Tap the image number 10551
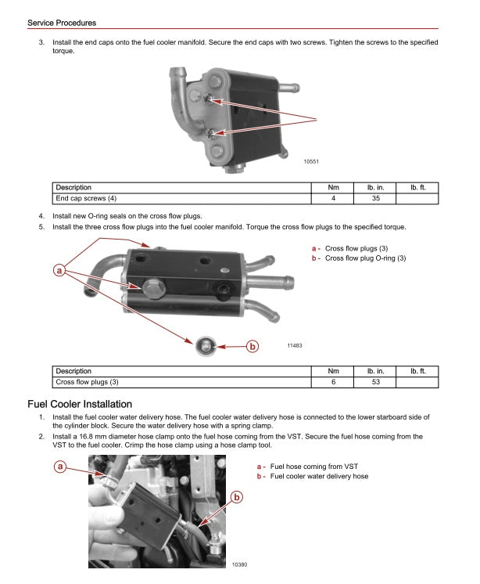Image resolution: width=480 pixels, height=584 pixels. (311, 161)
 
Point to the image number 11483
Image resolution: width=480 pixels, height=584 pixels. (296, 345)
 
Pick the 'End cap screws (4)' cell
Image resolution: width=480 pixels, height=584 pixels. (85, 198)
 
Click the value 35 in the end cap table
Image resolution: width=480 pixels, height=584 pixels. (375, 198)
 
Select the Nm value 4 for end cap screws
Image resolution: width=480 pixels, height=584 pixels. (333, 198)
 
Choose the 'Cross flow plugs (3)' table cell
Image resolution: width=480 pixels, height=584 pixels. (87, 381)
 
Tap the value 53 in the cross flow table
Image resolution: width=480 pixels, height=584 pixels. (375, 381)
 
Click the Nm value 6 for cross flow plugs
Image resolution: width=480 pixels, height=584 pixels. (333, 381)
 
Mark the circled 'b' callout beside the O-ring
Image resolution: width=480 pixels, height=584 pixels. (252, 346)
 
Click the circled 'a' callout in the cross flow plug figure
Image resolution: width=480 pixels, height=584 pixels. (59, 271)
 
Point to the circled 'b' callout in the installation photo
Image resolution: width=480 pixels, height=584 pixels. (237, 496)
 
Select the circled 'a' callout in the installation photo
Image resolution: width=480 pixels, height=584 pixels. (59, 467)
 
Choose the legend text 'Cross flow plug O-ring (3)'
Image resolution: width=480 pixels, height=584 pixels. (365, 258)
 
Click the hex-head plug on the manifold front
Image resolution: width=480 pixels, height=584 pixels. (152, 287)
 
